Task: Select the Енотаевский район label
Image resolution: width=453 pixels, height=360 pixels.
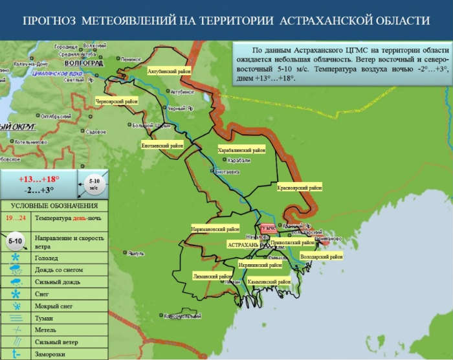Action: click(162, 146)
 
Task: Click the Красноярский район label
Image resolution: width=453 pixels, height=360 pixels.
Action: click(300, 187)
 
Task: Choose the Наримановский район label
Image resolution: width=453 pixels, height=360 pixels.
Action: click(215, 229)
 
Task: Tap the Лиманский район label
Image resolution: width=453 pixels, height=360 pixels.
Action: click(212, 275)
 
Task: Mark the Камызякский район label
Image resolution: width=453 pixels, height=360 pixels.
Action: click(267, 282)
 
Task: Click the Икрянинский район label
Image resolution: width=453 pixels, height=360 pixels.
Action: click(260, 265)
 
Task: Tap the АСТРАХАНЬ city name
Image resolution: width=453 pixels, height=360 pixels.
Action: click(243, 245)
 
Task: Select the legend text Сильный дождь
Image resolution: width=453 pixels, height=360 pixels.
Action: click(58, 280)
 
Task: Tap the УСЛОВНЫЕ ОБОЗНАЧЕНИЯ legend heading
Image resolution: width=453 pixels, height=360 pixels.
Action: click(54, 205)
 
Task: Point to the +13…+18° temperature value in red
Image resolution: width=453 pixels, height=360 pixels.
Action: click(38, 179)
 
